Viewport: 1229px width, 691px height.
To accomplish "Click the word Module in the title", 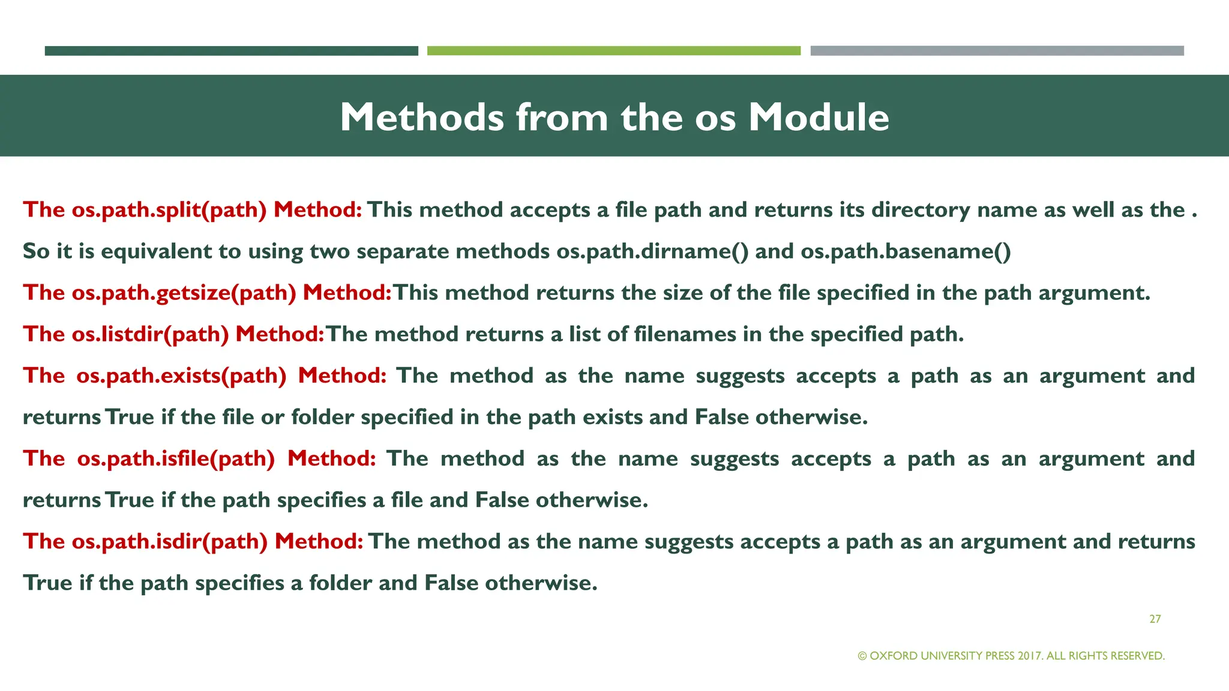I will pos(819,117).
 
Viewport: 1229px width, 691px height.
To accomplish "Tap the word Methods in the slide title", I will pos(422,117).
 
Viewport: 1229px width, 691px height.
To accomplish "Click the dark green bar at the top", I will pos(231,51).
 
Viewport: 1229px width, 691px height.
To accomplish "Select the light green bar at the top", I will pos(613,51).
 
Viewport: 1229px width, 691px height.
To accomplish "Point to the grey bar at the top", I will pos(997,51).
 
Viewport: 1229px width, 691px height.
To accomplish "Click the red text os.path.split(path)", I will pos(169,210).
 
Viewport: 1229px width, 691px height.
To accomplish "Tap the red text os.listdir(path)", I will pos(151,334).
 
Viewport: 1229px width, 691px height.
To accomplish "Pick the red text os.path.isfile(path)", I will pos(176,459).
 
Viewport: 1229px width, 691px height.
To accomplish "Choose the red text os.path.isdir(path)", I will pos(170,542).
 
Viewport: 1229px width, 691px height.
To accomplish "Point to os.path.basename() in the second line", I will pos(906,251).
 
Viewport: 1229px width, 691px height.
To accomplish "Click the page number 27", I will pos(1155,619).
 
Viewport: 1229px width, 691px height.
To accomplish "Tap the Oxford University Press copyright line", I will pos(1011,656).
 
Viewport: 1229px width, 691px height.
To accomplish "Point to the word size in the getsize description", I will pos(683,293).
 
